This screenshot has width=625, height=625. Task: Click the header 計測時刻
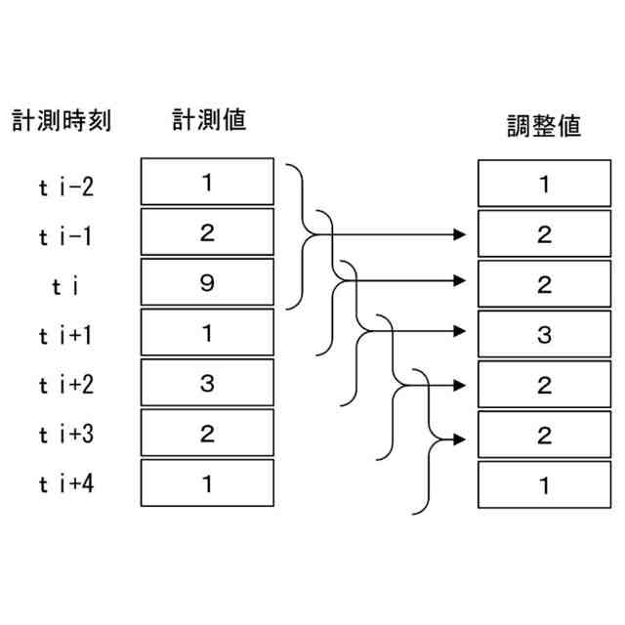point(62,120)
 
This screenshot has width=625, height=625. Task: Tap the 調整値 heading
point(544,127)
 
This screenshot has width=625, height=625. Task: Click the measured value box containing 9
point(206,282)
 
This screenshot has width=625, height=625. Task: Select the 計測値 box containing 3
point(206,383)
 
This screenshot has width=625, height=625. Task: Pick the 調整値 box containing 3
point(544,335)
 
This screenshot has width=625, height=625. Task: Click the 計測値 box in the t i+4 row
point(206,483)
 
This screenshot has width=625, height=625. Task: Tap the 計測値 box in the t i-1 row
point(206,231)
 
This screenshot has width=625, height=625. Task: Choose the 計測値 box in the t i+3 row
point(206,433)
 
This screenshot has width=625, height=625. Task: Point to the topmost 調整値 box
point(544,183)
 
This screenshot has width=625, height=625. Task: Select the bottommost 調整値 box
point(544,484)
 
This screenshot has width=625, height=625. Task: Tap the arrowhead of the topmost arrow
point(461,233)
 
